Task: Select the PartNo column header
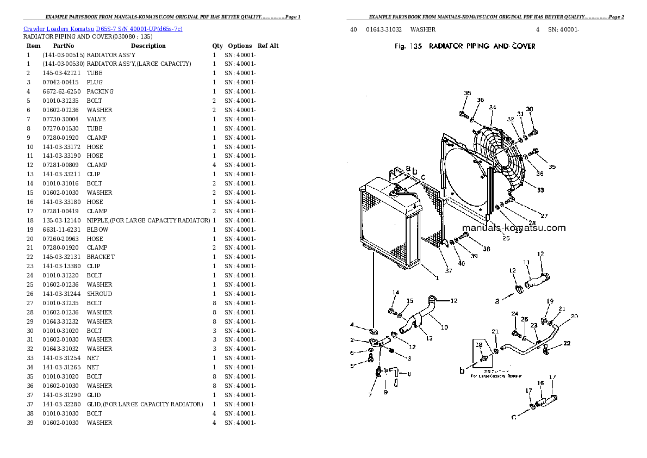(64, 46)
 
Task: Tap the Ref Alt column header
(267, 46)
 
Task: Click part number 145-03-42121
(61, 73)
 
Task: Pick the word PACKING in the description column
(100, 92)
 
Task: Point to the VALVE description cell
(96, 119)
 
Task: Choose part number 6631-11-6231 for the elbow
(61, 230)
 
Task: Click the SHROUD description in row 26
(99, 294)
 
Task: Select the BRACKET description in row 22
(101, 257)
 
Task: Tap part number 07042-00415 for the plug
(61, 83)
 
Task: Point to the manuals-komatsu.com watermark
(514, 228)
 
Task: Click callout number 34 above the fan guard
(492, 107)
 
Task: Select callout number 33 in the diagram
(540, 190)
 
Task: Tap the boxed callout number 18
(479, 345)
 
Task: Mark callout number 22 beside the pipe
(567, 343)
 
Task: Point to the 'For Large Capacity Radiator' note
(496, 376)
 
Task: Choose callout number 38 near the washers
(486, 249)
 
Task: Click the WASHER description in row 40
(423, 29)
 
